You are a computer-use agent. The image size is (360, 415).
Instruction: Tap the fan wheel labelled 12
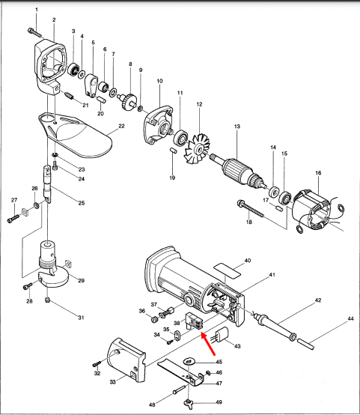[x=200, y=144]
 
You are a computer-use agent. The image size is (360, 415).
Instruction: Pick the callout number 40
[x=247, y=262]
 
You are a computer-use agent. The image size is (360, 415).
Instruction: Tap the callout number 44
[x=350, y=319]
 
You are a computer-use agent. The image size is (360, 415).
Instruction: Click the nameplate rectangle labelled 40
[x=226, y=267]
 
